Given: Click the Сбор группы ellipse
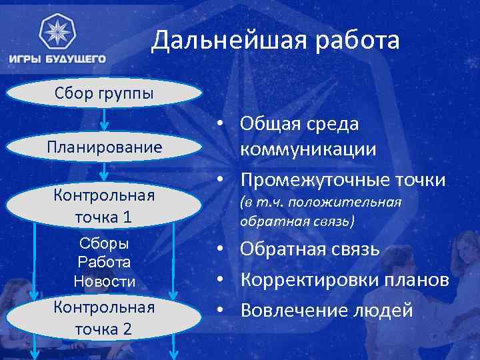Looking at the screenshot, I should (x=104, y=93).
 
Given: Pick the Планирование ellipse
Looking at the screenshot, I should (x=104, y=147).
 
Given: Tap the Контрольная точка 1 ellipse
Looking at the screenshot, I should (x=104, y=207).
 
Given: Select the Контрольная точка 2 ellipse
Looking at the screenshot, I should (x=104, y=318).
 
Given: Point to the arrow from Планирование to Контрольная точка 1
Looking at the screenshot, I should (x=104, y=173).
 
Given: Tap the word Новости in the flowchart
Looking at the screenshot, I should (x=104, y=282).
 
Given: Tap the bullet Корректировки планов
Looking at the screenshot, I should (x=344, y=280).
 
